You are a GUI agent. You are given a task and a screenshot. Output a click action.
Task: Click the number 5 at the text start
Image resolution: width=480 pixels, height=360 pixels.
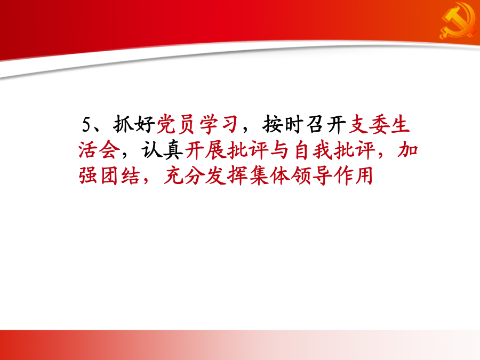[x=86, y=125]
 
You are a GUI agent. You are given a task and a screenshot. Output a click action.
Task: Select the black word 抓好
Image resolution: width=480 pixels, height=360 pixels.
[x=134, y=125]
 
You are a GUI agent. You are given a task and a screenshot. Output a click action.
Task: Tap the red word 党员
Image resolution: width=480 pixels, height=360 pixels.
[x=175, y=125]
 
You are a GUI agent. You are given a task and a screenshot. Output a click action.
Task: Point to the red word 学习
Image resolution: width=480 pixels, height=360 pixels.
[x=219, y=125]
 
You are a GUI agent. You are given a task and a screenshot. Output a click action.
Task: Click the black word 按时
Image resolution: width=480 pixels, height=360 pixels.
[x=283, y=125]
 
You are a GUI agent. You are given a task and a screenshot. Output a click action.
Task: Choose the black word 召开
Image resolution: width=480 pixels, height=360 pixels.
[x=326, y=125]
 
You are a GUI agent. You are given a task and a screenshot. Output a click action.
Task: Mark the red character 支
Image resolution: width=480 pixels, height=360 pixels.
[x=358, y=125]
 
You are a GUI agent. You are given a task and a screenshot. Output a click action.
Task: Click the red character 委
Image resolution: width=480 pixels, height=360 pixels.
[x=379, y=125]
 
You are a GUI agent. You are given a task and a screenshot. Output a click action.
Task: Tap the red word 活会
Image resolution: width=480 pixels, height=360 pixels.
[x=99, y=150]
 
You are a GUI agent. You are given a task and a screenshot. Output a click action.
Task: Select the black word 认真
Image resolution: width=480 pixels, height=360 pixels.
[x=162, y=150]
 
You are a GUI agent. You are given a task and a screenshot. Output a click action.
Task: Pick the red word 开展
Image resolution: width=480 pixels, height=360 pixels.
[x=205, y=150]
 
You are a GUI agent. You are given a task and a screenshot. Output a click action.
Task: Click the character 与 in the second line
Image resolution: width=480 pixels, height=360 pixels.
[x=279, y=150]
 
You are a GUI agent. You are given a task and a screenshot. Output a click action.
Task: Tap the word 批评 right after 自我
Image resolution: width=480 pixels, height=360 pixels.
[x=355, y=150]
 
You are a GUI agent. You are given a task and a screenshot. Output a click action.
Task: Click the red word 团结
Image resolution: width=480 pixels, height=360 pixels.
[x=120, y=175]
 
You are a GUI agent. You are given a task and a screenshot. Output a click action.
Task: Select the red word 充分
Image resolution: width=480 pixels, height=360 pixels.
[x=183, y=175]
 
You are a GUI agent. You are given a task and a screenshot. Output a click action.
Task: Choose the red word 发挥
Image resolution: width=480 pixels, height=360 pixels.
[x=226, y=175]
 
